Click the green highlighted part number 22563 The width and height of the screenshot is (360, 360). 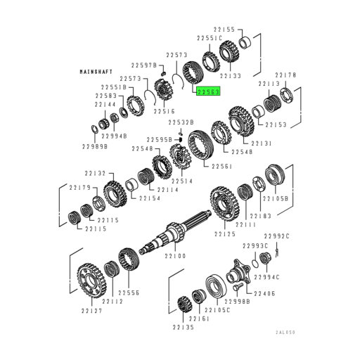[208, 91]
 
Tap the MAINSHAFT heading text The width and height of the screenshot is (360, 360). [96, 72]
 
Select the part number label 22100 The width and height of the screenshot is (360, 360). [175, 256]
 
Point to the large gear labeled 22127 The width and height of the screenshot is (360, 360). [91, 280]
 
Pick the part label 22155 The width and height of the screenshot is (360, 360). [224, 30]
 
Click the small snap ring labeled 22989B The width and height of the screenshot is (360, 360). [94, 129]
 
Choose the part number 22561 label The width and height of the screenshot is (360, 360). [221, 166]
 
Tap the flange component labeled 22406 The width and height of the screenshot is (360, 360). [238, 272]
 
